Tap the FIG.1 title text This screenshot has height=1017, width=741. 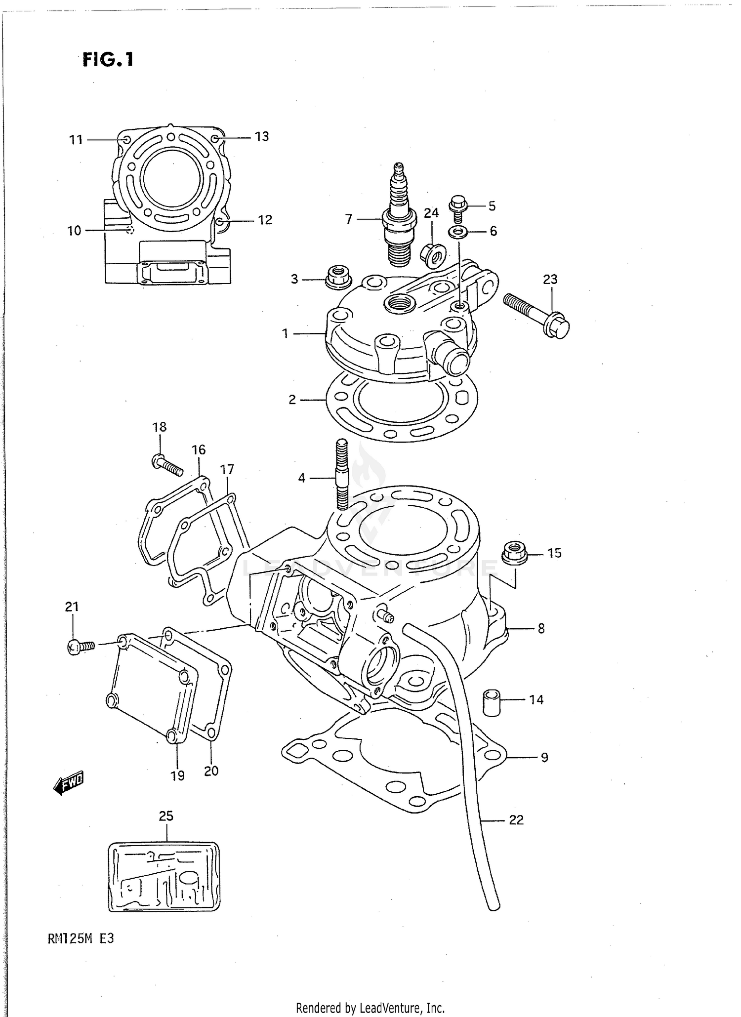point(108,60)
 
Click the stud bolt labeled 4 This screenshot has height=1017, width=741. point(342,474)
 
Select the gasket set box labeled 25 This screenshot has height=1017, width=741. point(164,876)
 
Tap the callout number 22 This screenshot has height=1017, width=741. point(516,820)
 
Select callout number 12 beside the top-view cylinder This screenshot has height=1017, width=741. point(265,220)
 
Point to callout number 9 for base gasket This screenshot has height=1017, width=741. point(544,757)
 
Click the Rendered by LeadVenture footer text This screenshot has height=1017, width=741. point(370,1008)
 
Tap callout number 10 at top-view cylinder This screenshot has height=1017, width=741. point(74,231)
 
